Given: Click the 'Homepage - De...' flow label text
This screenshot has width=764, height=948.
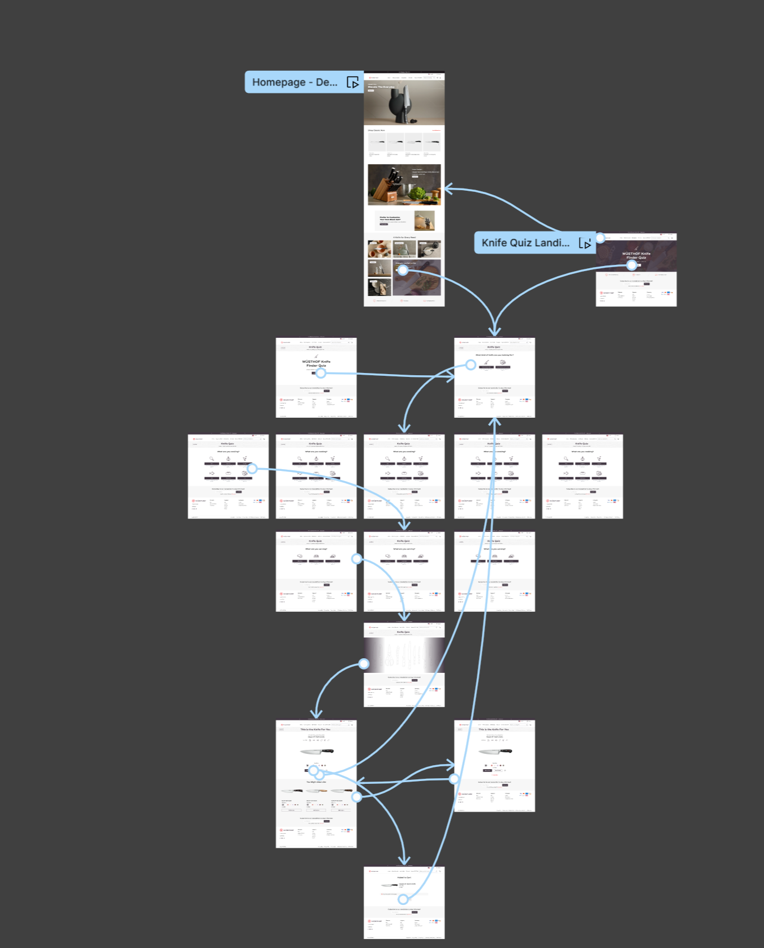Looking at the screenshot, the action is click(x=294, y=82).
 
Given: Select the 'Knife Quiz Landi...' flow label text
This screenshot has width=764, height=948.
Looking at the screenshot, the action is click(x=525, y=243).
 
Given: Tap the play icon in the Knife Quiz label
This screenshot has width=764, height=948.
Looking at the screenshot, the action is click(x=585, y=243).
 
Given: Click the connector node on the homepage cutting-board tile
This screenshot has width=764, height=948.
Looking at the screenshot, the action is click(x=403, y=271).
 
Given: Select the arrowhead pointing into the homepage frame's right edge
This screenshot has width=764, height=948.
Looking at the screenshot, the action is click(x=448, y=189).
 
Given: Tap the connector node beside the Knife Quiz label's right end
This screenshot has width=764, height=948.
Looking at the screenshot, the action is click(x=600, y=238).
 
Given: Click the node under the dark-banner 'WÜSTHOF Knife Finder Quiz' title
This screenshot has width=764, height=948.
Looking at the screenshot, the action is click(x=632, y=264).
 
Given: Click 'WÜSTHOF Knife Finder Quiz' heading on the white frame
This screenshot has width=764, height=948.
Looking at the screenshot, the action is click(x=316, y=363).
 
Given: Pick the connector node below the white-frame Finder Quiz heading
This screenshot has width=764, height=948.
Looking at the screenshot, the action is click(x=321, y=373).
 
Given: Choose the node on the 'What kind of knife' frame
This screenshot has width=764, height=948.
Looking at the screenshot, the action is click(x=471, y=365).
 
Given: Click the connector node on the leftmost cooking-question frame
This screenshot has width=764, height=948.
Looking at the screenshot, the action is click(x=252, y=468).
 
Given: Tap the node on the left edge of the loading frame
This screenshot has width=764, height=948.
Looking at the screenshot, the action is click(x=364, y=663).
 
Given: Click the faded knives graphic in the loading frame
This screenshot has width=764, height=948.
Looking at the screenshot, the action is click(x=404, y=657).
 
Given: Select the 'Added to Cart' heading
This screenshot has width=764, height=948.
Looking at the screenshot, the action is click(x=404, y=877).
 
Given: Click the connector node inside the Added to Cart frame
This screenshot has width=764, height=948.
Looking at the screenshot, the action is click(x=403, y=899).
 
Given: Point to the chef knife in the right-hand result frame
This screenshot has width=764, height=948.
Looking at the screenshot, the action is click(x=495, y=752).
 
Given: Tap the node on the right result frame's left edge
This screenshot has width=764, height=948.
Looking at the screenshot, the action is click(x=454, y=779).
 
